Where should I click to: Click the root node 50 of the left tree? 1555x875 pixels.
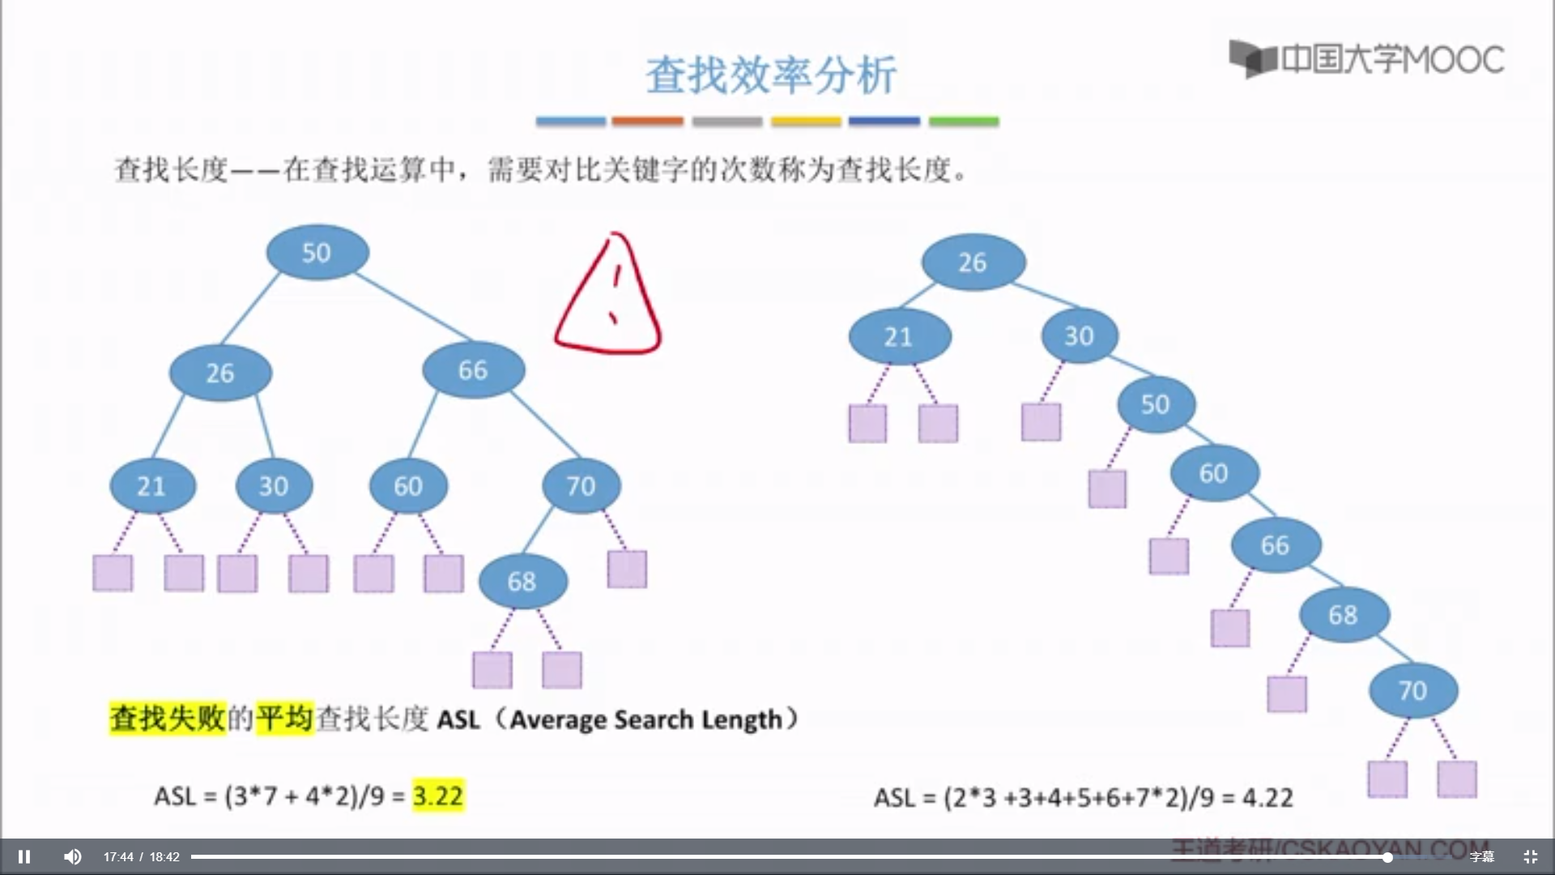[317, 253]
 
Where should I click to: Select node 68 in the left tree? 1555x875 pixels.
[522, 581]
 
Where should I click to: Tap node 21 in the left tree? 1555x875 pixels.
[152, 486]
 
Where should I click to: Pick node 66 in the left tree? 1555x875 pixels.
[473, 370]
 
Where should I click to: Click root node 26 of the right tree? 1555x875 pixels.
[973, 262]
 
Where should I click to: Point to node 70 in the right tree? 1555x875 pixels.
[1413, 690]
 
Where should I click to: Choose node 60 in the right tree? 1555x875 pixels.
[1214, 473]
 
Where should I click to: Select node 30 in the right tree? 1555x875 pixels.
[1079, 336]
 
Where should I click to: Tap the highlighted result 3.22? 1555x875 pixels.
[438, 796]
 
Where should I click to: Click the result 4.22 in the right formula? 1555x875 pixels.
[1267, 798]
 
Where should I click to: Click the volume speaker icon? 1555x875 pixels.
[73, 856]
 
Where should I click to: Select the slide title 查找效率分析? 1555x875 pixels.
[770, 75]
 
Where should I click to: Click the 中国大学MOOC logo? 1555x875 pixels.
[1366, 59]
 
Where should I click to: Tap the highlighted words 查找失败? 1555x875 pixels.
[168, 719]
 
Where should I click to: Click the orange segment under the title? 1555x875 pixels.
[647, 122]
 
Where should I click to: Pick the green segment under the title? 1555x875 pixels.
[964, 122]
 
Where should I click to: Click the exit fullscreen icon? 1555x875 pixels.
[1530, 856]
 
